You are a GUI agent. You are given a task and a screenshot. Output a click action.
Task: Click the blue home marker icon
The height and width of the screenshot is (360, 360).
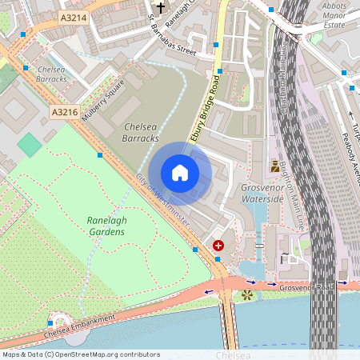(x=180, y=173)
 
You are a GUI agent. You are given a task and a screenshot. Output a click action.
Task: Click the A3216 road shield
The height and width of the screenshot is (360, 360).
(x=64, y=112)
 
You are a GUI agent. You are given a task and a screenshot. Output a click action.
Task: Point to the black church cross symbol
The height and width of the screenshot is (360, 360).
(x=160, y=9)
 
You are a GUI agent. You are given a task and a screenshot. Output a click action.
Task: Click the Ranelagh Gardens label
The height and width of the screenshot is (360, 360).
(x=106, y=226)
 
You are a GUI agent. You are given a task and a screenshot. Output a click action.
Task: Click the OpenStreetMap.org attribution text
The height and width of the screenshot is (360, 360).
(x=81, y=354)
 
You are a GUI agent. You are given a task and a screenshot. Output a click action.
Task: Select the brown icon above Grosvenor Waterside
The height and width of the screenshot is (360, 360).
(x=276, y=166)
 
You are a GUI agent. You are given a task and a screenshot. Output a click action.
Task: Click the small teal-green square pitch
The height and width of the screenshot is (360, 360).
(x=30, y=145)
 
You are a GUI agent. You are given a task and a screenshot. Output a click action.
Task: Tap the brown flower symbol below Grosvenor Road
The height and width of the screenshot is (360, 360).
(x=247, y=295)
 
